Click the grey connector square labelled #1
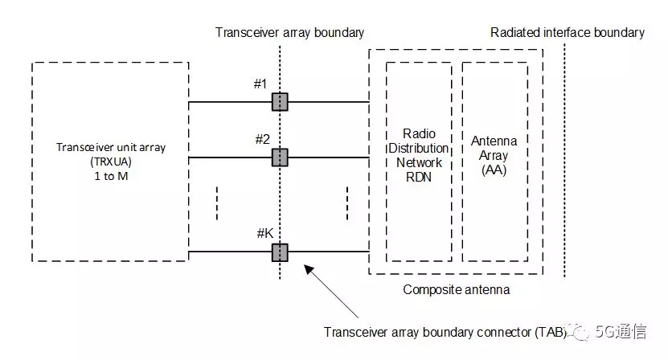[279, 102]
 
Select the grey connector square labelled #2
[279, 157]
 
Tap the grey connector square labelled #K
[279, 252]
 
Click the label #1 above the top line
[260, 84]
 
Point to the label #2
[262, 139]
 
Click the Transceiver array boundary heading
[289, 33]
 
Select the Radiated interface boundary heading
[568, 33]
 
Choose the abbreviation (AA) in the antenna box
[494, 170]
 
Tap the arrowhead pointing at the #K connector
[307, 269]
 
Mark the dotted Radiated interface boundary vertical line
[565, 161]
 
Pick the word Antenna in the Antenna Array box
[494, 141]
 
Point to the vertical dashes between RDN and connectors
[347, 202]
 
